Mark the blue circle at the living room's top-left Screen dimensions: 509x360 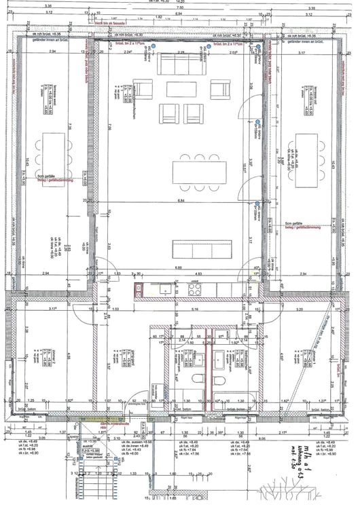coord(154,46)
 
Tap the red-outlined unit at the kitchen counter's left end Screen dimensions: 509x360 coord(140,289)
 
